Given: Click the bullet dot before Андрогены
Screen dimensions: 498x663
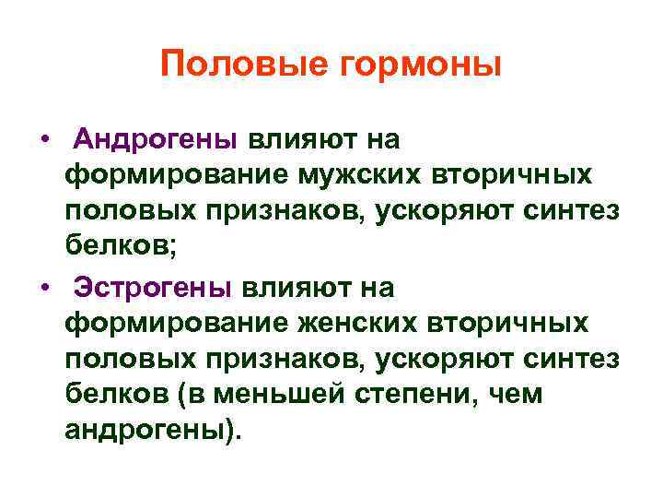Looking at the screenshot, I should [x=44, y=140].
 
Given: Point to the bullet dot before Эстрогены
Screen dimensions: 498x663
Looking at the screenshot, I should [x=44, y=288].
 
